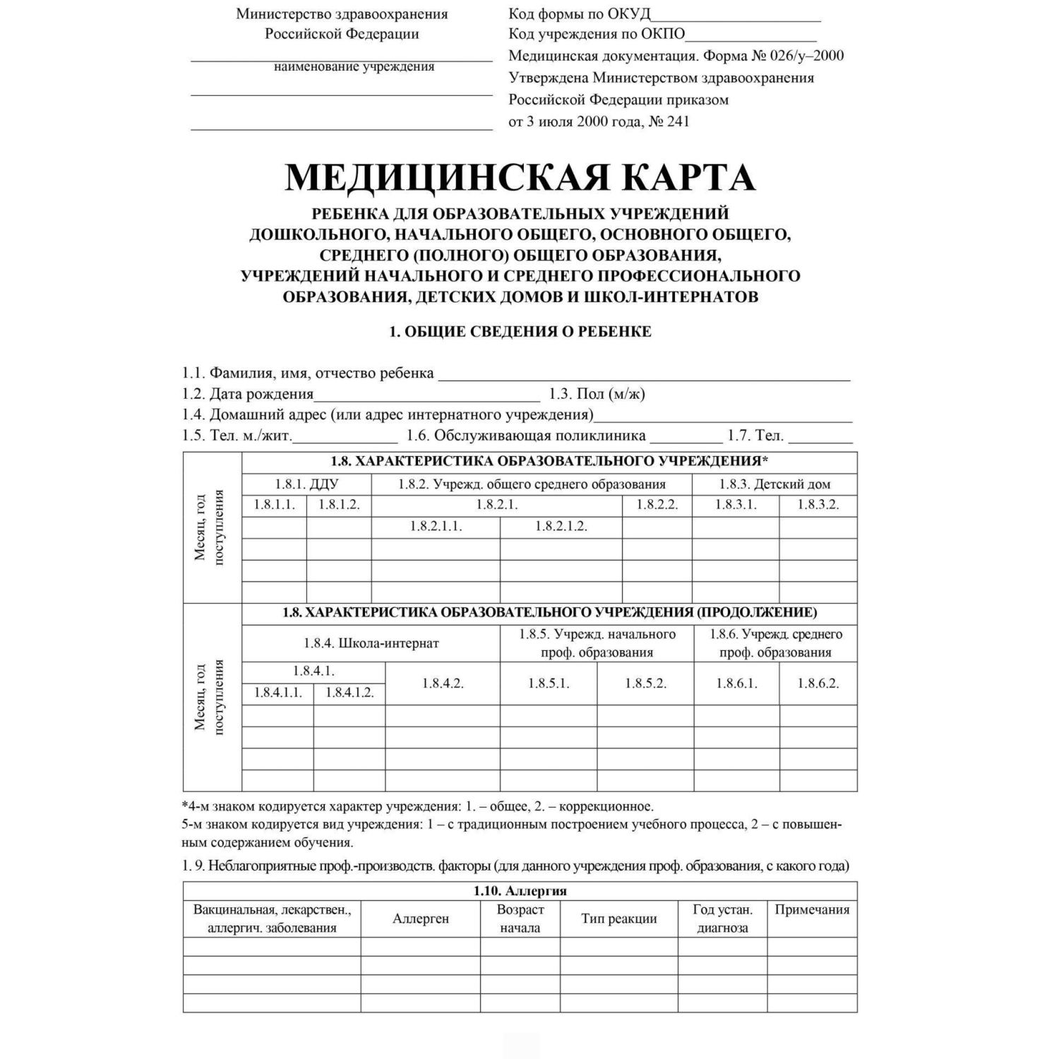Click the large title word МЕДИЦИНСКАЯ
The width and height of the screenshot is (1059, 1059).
tap(445, 177)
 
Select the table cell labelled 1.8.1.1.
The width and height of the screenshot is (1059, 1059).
tap(274, 505)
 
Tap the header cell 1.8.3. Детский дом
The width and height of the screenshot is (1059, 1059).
tap(774, 484)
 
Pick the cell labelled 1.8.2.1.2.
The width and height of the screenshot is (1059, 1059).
tap(561, 526)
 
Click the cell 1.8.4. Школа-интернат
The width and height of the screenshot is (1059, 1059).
tap(371, 643)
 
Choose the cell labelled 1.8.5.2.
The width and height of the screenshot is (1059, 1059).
tap(645, 683)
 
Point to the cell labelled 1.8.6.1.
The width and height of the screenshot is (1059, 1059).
tap(736, 683)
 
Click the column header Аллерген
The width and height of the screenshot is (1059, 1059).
tap(421, 919)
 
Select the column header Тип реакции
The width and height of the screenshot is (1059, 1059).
tap(619, 919)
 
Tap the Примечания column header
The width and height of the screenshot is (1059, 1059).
tap(812, 909)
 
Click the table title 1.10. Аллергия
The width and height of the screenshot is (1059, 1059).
tap(520, 891)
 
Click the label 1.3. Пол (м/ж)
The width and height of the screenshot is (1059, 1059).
tap(597, 394)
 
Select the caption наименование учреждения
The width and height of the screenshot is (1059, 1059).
tap(354, 67)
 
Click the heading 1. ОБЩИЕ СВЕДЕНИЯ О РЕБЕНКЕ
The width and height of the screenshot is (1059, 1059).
tap(520, 332)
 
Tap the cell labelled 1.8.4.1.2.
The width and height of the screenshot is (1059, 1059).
tap(349, 693)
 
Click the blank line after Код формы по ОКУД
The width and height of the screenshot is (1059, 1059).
tap(736, 18)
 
